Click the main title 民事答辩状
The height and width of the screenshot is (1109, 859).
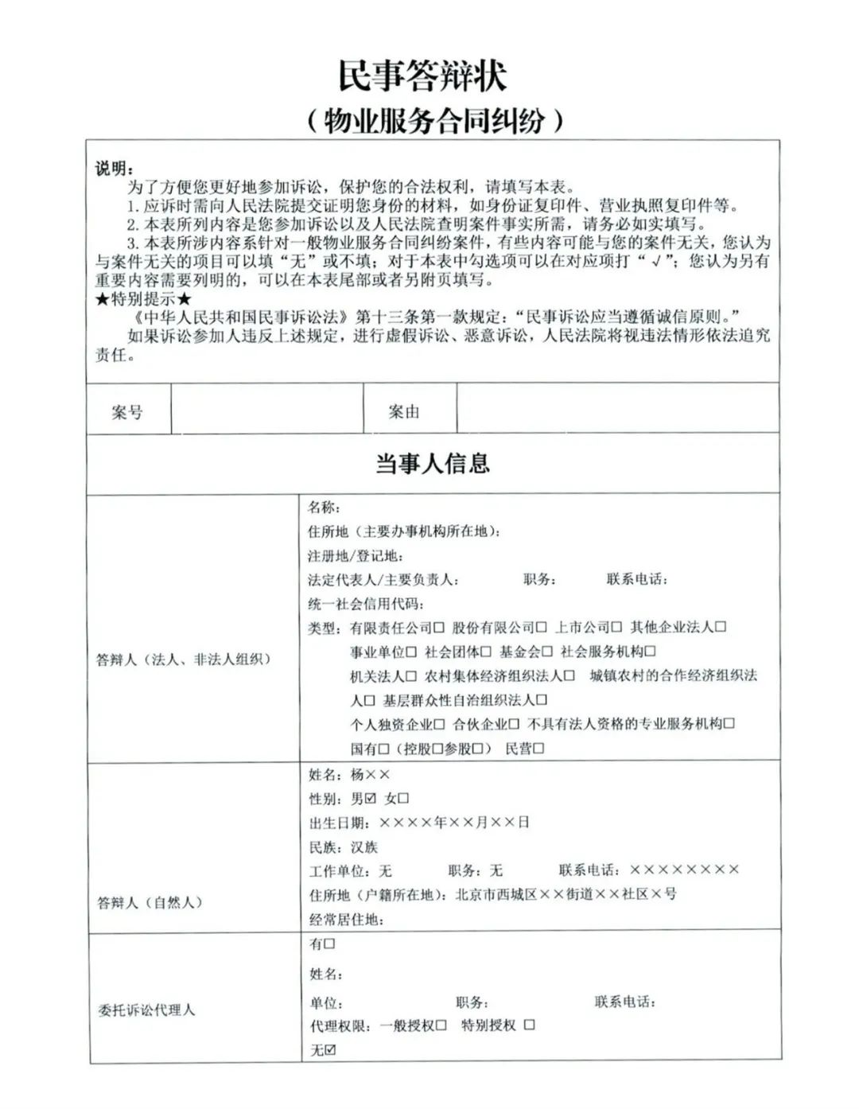point(422,76)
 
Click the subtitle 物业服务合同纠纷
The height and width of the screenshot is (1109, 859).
point(434,121)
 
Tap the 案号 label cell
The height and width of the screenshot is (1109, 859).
point(127,412)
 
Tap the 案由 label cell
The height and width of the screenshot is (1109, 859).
point(404,412)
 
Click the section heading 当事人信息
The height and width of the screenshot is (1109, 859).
point(432,463)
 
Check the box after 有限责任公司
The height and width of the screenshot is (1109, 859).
point(439,628)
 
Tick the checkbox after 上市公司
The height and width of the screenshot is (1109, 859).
point(616,628)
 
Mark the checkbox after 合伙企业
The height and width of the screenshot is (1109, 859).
point(514,725)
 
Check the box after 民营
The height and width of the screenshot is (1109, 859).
point(538,749)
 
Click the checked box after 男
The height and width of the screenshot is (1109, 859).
point(371,798)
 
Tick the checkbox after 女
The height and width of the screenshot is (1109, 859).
point(403,798)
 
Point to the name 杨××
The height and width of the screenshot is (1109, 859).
point(370,774)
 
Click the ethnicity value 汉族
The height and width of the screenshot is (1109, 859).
point(364,847)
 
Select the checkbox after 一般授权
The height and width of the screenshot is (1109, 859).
point(441,1026)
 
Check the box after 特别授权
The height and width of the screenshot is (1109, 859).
point(529,1025)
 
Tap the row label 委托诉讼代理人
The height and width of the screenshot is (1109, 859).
point(146,1010)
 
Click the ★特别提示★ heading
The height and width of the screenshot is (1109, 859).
point(143,300)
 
